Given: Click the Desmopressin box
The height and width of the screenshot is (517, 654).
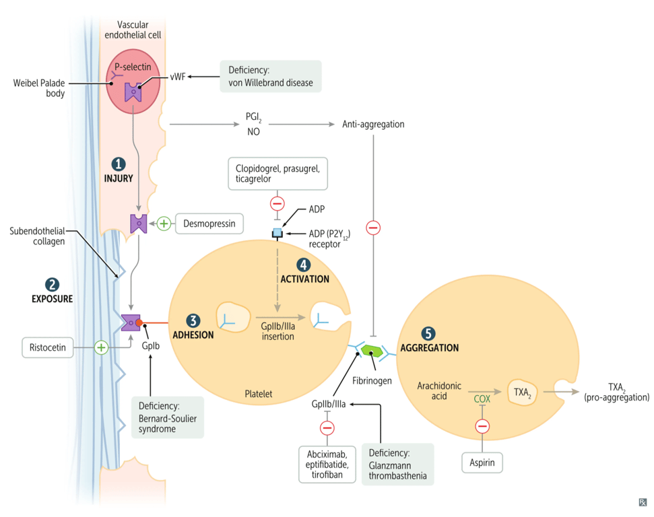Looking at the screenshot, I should [209, 223].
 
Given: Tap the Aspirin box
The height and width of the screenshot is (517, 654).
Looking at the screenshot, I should [482, 462].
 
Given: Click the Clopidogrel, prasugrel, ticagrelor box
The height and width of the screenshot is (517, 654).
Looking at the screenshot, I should [277, 173].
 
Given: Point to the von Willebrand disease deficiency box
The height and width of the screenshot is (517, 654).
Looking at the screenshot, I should [271, 77].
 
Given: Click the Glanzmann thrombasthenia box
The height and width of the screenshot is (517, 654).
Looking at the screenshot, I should [397, 463].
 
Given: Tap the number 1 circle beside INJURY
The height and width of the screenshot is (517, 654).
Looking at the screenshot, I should [119, 164].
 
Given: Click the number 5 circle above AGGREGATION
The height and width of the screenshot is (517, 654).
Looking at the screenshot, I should [428, 334].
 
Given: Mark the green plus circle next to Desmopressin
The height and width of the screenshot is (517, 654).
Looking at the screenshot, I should [164, 223].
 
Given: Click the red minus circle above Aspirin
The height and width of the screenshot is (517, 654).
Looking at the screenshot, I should [482, 426].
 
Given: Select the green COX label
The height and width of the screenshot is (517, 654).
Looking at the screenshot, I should [482, 398].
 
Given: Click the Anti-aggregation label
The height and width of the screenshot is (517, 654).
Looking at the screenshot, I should [373, 125].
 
